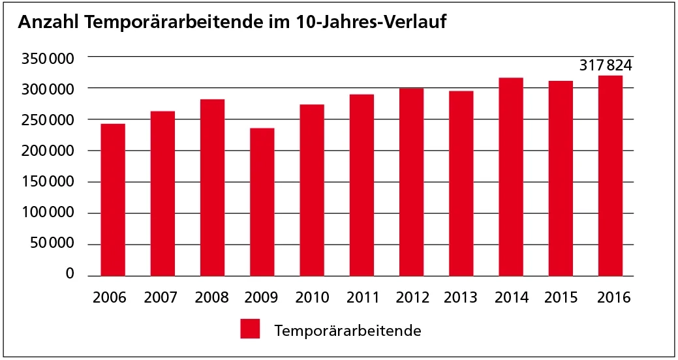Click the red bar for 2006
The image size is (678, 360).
point(113,200)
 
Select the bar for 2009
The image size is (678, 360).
point(262,202)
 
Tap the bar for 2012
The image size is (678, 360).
point(411,182)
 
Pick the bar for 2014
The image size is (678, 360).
point(511,177)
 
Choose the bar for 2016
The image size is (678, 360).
point(610,175)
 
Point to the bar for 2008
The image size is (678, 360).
point(212,187)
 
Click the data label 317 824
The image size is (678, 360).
point(606,65)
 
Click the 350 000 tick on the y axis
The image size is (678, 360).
point(46,59)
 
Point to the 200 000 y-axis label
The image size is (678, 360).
point(46,151)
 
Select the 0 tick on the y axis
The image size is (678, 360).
point(69,275)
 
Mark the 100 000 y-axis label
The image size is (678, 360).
point(46,213)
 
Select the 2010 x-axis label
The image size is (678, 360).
point(312,298)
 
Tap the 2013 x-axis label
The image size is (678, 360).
point(461,298)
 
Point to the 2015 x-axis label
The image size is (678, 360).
point(561,298)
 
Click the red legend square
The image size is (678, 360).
point(250,329)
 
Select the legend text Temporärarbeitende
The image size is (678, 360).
point(348,330)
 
